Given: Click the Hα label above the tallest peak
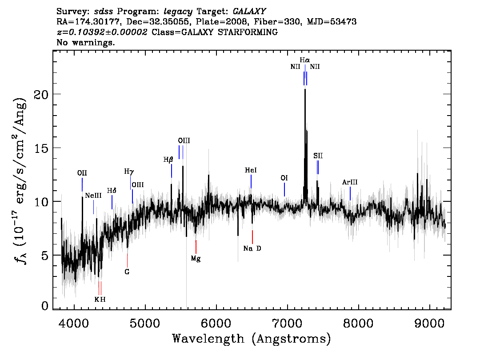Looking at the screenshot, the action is [x=305, y=60].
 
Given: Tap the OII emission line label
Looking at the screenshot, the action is [x=82, y=173].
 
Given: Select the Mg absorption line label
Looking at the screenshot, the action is [x=196, y=258].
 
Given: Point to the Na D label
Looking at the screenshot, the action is [x=252, y=248].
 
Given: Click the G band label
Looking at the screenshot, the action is [x=127, y=272].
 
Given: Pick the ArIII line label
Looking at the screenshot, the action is [x=350, y=182].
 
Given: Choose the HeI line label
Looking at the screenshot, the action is [x=251, y=170].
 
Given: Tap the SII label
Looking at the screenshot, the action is [x=318, y=156].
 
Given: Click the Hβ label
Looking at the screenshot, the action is [x=168, y=160].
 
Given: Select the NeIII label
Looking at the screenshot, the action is [x=93, y=196].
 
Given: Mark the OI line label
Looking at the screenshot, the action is [x=284, y=178].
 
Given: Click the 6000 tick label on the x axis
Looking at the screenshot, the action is [x=216, y=324].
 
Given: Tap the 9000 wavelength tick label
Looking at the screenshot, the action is [x=429, y=324].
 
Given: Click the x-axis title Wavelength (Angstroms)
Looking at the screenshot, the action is [x=252, y=339].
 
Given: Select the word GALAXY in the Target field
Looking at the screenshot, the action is [x=249, y=12].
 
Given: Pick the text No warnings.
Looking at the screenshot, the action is [x=85, y=42].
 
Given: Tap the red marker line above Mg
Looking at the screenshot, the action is [x=196, y=247].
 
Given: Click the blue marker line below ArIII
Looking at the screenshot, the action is [x=350, y=193].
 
